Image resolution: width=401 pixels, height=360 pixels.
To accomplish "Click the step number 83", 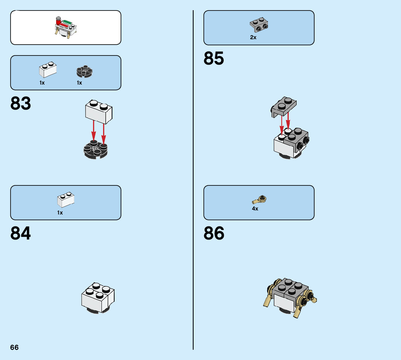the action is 21,104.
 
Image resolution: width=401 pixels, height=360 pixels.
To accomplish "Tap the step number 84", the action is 21,234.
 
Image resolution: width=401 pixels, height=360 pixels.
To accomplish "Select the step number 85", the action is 214,58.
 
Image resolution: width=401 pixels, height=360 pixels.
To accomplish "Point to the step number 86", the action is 214,234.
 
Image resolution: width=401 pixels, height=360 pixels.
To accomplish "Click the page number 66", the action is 15,347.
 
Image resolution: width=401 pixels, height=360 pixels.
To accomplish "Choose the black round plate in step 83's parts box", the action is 84,72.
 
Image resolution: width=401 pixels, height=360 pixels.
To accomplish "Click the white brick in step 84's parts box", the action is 66,199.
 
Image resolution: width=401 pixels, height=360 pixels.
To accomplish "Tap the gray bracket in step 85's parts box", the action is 259,24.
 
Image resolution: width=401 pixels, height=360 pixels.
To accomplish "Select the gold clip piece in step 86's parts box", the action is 260,199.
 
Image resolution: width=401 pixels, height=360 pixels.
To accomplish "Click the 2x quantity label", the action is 253,37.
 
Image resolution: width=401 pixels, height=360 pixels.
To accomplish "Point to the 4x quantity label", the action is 255,209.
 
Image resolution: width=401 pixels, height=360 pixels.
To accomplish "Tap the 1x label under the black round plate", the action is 79,83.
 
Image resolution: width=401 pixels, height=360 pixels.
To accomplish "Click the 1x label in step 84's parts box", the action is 60,213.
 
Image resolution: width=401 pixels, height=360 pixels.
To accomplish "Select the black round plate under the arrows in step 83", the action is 96,149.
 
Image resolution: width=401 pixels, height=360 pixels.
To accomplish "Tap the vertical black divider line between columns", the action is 193,181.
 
